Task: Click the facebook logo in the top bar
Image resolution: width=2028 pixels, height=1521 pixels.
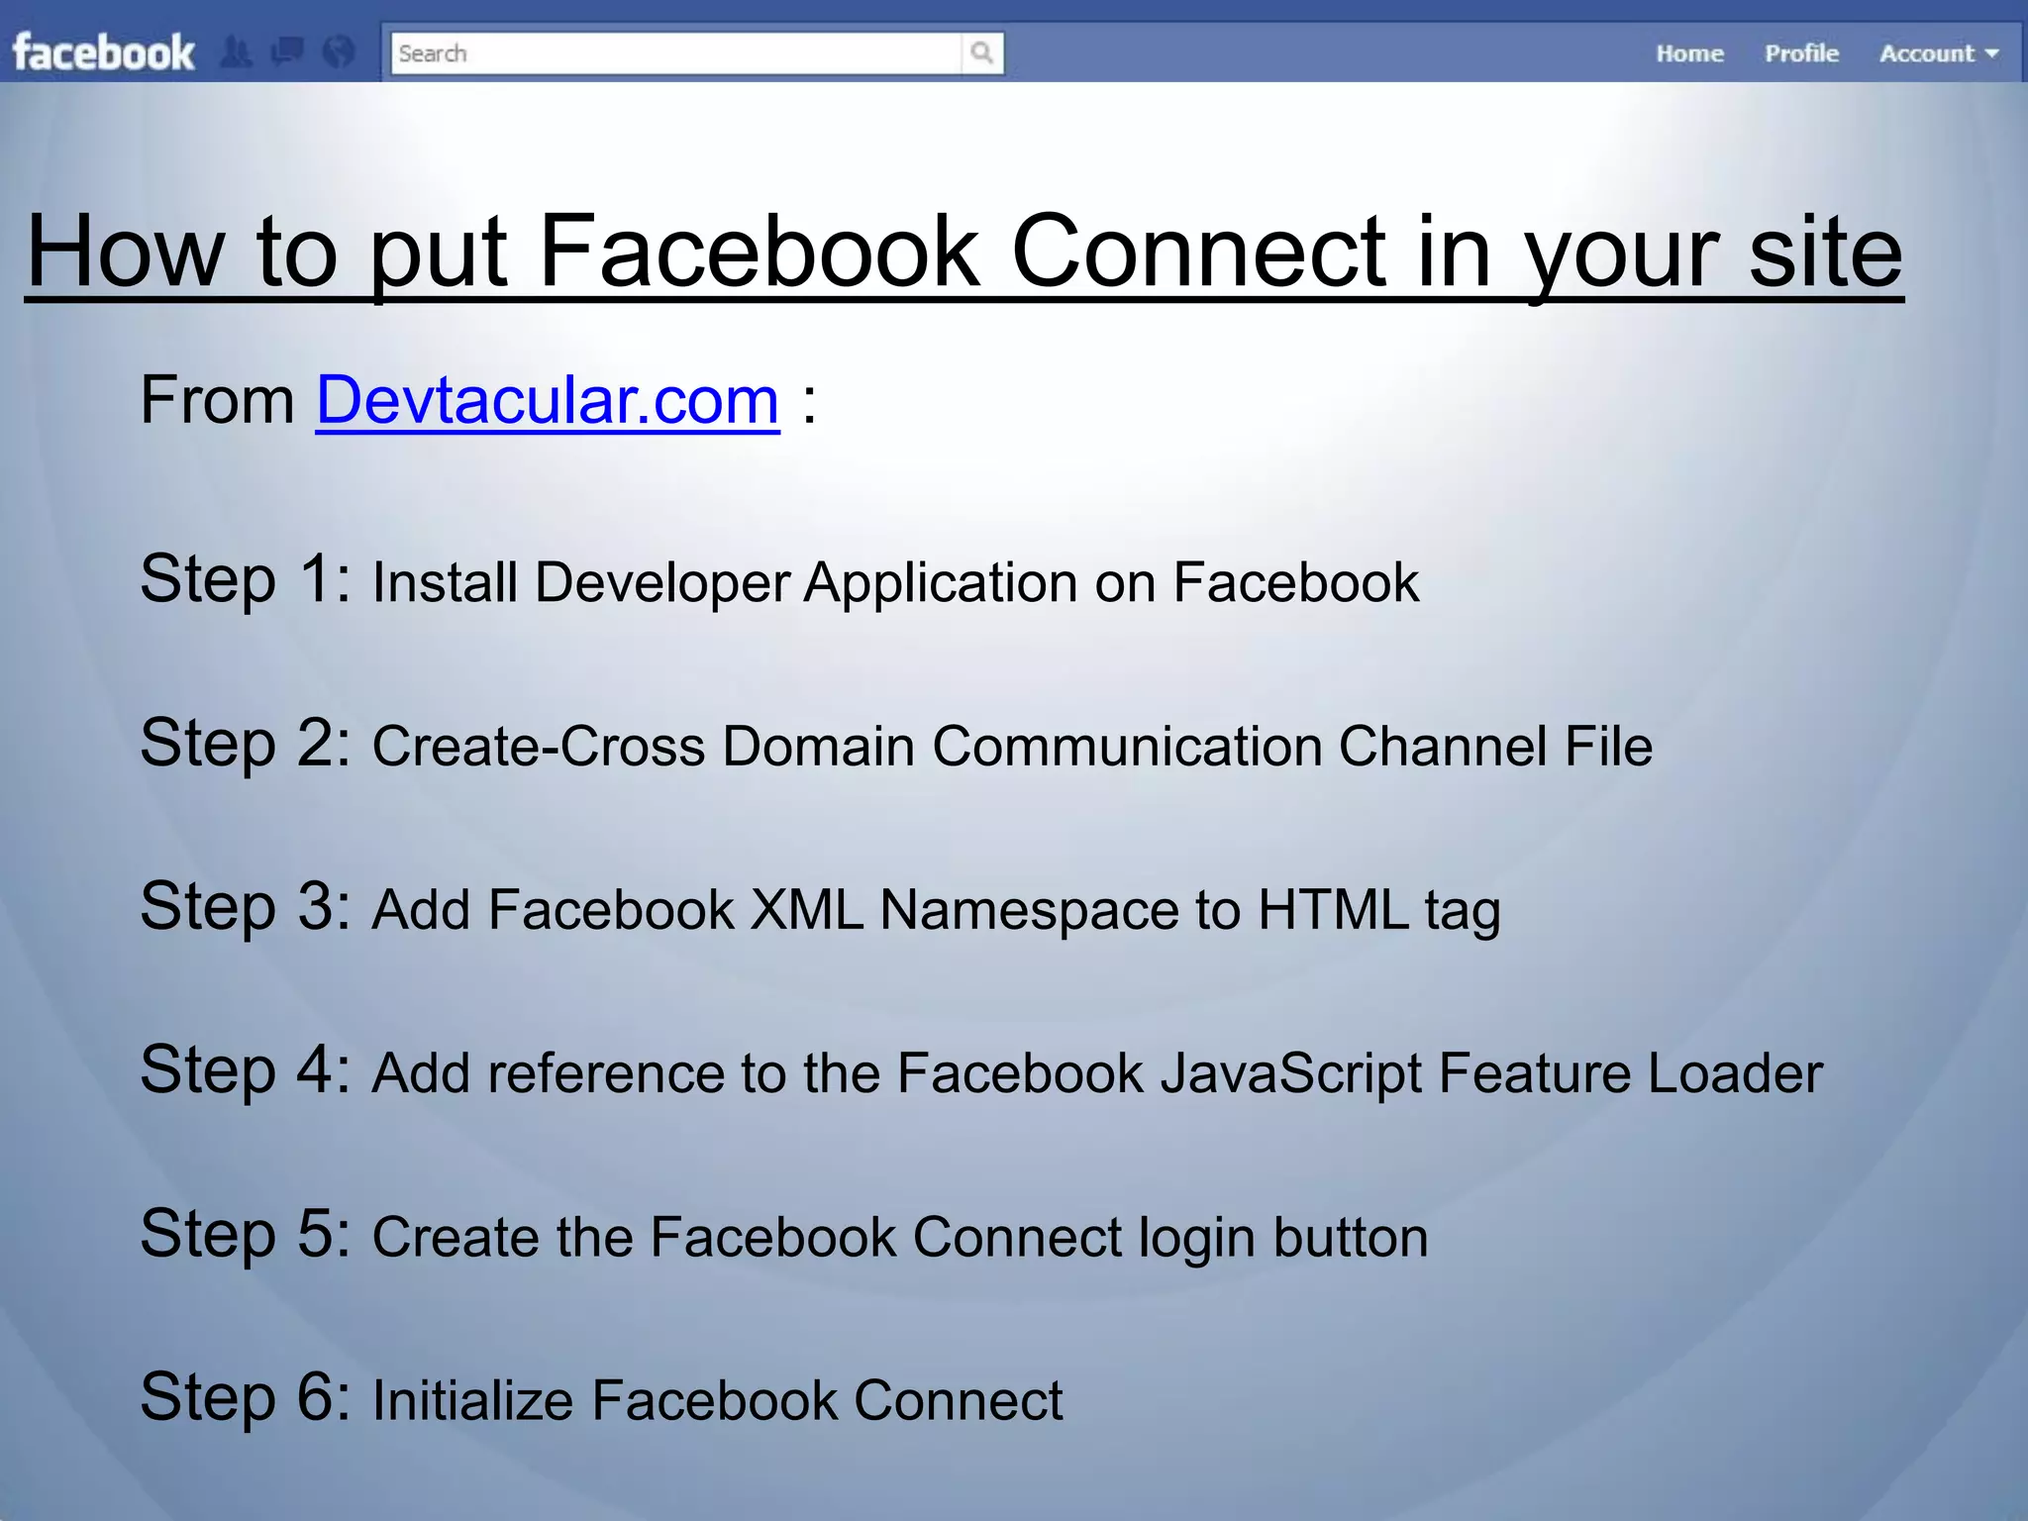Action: (103, 52)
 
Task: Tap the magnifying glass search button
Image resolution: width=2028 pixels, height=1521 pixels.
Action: (981, 53)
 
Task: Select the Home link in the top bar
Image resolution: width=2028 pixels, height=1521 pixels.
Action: (1689, 53)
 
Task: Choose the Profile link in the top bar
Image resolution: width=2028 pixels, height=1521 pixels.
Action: (1801, 53)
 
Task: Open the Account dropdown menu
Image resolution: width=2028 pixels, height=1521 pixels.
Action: (1938, 53)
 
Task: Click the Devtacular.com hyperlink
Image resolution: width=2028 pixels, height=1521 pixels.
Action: (548, 401)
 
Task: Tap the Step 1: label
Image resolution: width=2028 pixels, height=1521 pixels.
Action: (245, 578)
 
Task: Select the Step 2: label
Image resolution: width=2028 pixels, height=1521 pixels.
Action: (245, 743)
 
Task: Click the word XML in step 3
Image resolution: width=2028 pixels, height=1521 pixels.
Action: (806, 909)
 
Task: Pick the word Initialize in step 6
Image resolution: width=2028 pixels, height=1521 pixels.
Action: (472, 1401)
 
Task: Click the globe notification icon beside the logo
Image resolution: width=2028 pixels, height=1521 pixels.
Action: (339, 51)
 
